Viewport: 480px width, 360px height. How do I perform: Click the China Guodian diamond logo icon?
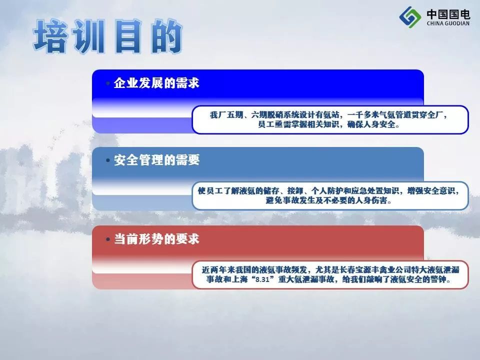[x=410, y=17]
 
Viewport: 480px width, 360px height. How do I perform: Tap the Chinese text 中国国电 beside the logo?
[x=448, y=14]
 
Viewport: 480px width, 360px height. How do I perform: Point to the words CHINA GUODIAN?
[x=448, y=23]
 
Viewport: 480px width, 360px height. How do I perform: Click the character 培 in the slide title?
[x=51, y=36]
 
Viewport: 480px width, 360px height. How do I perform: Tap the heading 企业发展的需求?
[x=156, y=83]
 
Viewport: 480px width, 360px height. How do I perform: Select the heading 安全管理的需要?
[x=156, y=160]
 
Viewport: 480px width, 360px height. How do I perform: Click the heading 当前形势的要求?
[x=156, y=239]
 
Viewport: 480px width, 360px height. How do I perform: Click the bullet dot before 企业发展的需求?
[x=108, y=83]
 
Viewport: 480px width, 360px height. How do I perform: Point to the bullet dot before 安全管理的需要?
[x=108, y=160]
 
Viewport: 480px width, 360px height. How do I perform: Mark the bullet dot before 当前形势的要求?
[x=108, y=239]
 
